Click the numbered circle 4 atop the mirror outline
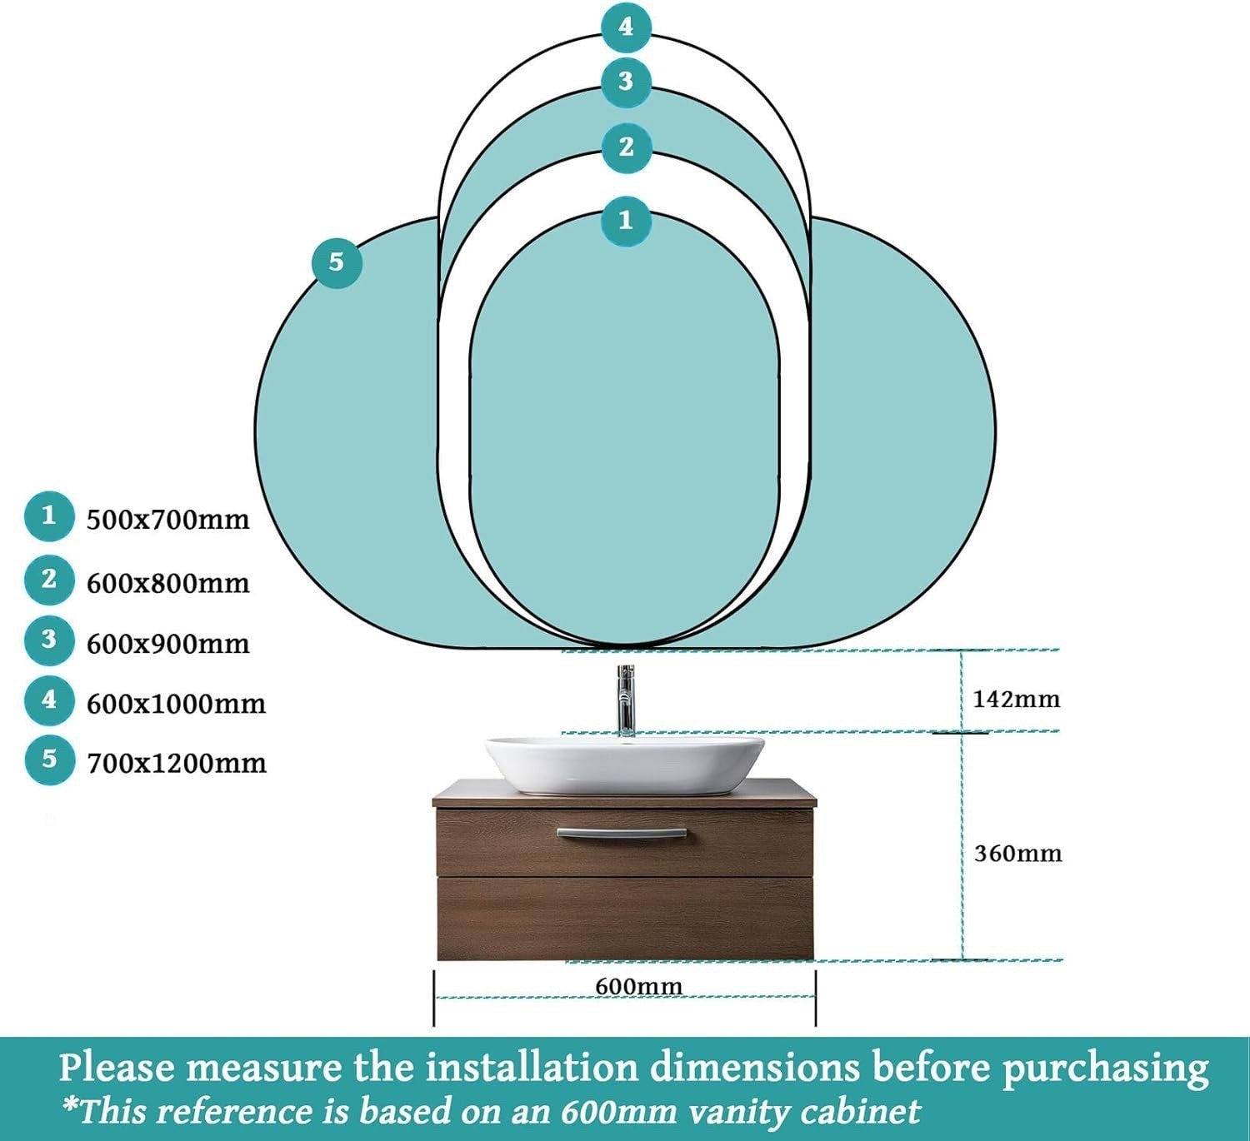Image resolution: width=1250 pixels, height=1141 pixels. pos(626,27)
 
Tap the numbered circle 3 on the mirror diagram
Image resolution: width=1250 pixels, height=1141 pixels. pos(626,82)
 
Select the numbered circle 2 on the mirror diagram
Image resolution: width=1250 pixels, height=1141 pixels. pos(626,147)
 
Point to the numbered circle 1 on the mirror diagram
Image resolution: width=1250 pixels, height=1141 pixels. pos(626,221)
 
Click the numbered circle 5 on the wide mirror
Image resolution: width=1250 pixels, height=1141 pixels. pos(336,262)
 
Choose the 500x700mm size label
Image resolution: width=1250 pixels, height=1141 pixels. pos(167,520)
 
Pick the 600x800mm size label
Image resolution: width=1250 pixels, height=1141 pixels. pos(167,583)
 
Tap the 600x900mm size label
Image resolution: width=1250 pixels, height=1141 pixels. pos(167,644)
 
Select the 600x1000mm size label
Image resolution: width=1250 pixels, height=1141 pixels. pos(176,705)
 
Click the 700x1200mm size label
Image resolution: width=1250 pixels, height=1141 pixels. pos(176,764)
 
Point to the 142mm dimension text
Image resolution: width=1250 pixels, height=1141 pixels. pos(1017,699)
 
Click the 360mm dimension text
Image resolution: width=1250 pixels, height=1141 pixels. pos(1017,854)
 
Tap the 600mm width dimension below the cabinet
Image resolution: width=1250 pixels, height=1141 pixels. pos(638,986)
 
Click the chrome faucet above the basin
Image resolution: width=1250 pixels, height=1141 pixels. pos(625,700)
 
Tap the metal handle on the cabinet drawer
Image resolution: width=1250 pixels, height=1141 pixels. pos(622,833)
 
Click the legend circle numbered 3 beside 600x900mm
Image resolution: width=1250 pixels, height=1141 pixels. pos(49,640)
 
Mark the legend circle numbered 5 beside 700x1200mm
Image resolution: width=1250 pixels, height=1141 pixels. pos(49,759)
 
